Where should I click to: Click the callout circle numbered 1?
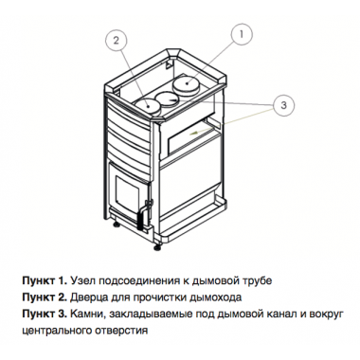[242, 34]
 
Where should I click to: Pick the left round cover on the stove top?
[146, 103]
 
